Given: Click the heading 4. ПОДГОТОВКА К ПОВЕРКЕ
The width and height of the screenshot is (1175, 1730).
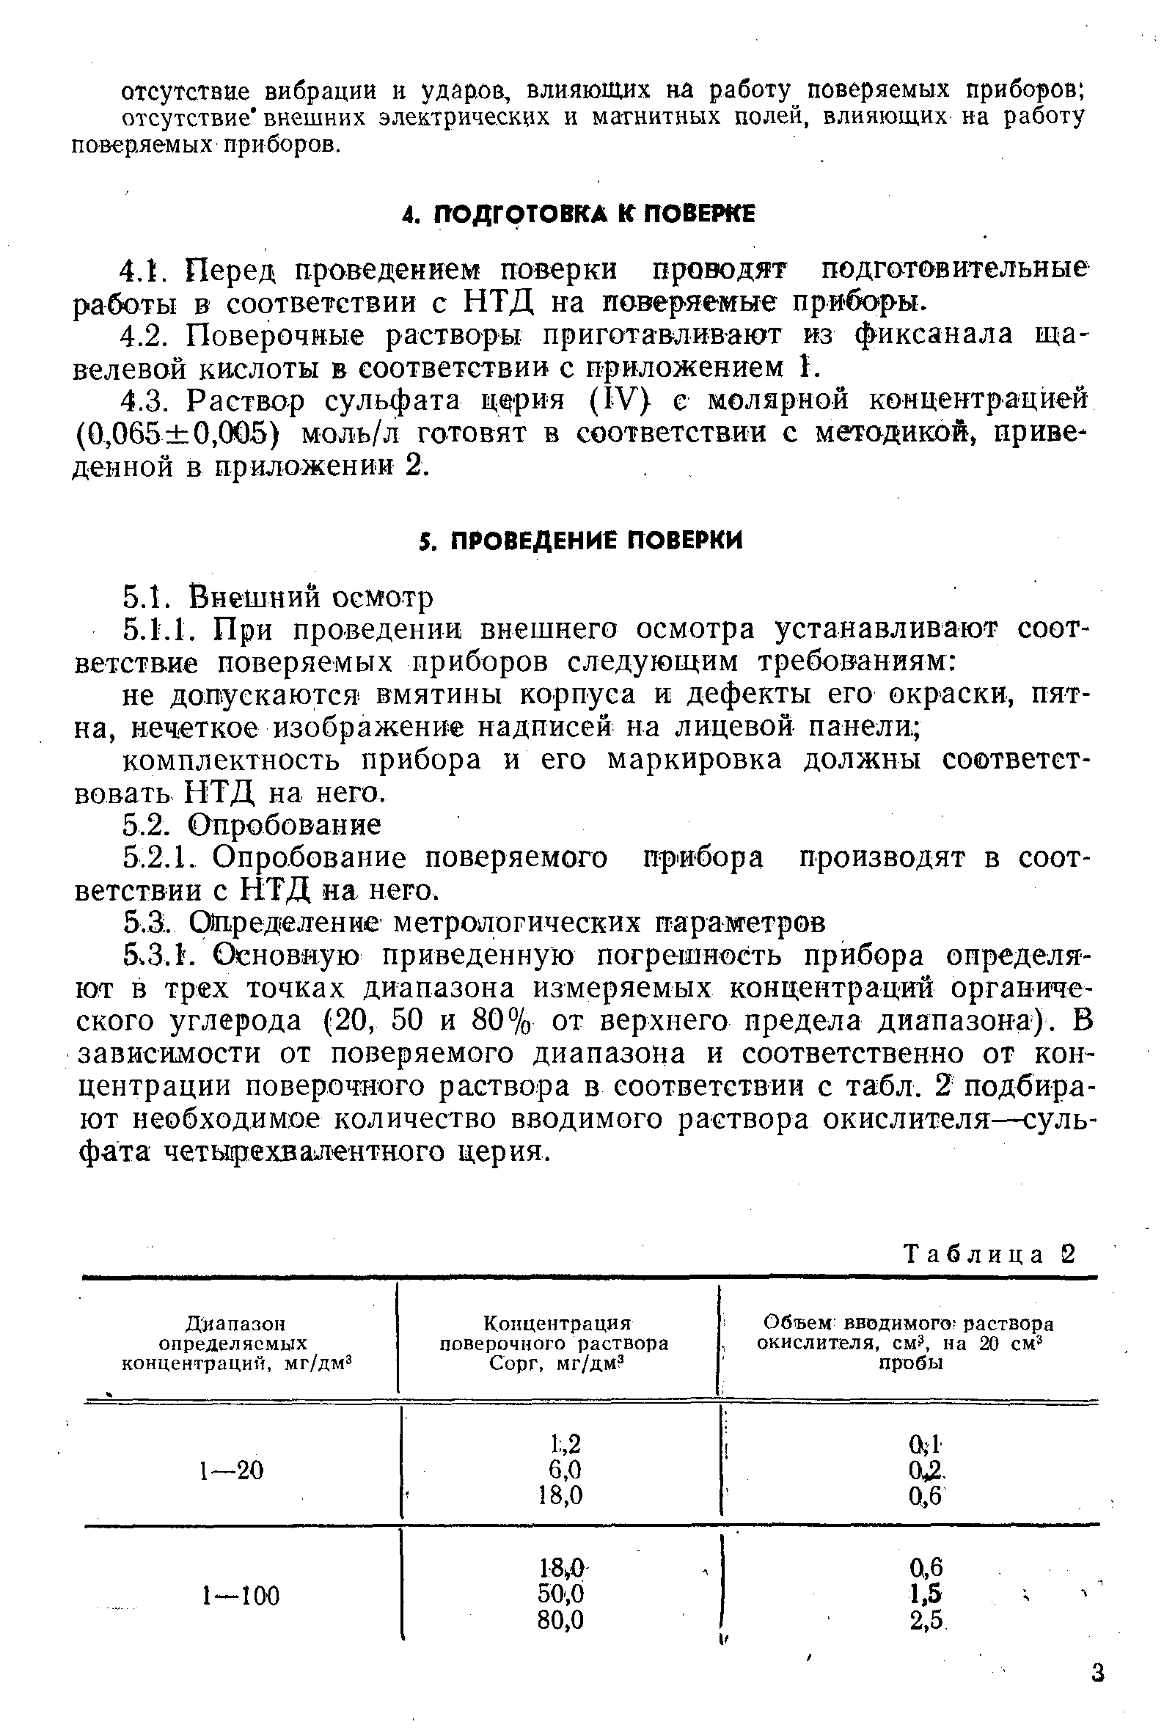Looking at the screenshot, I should [x=578, y=214].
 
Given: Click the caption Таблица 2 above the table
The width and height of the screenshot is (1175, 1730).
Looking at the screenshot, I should [x=989, y=1255].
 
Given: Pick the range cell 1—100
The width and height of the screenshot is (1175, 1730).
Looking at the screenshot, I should [x=241, y=1595].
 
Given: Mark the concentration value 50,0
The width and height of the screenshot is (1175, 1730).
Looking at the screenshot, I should [x=560, y=1594].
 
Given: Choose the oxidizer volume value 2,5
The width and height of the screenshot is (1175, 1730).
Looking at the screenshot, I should [x=926, y=1620].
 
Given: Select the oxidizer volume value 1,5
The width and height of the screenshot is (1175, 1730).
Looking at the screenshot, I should [x=926, y=1594].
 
